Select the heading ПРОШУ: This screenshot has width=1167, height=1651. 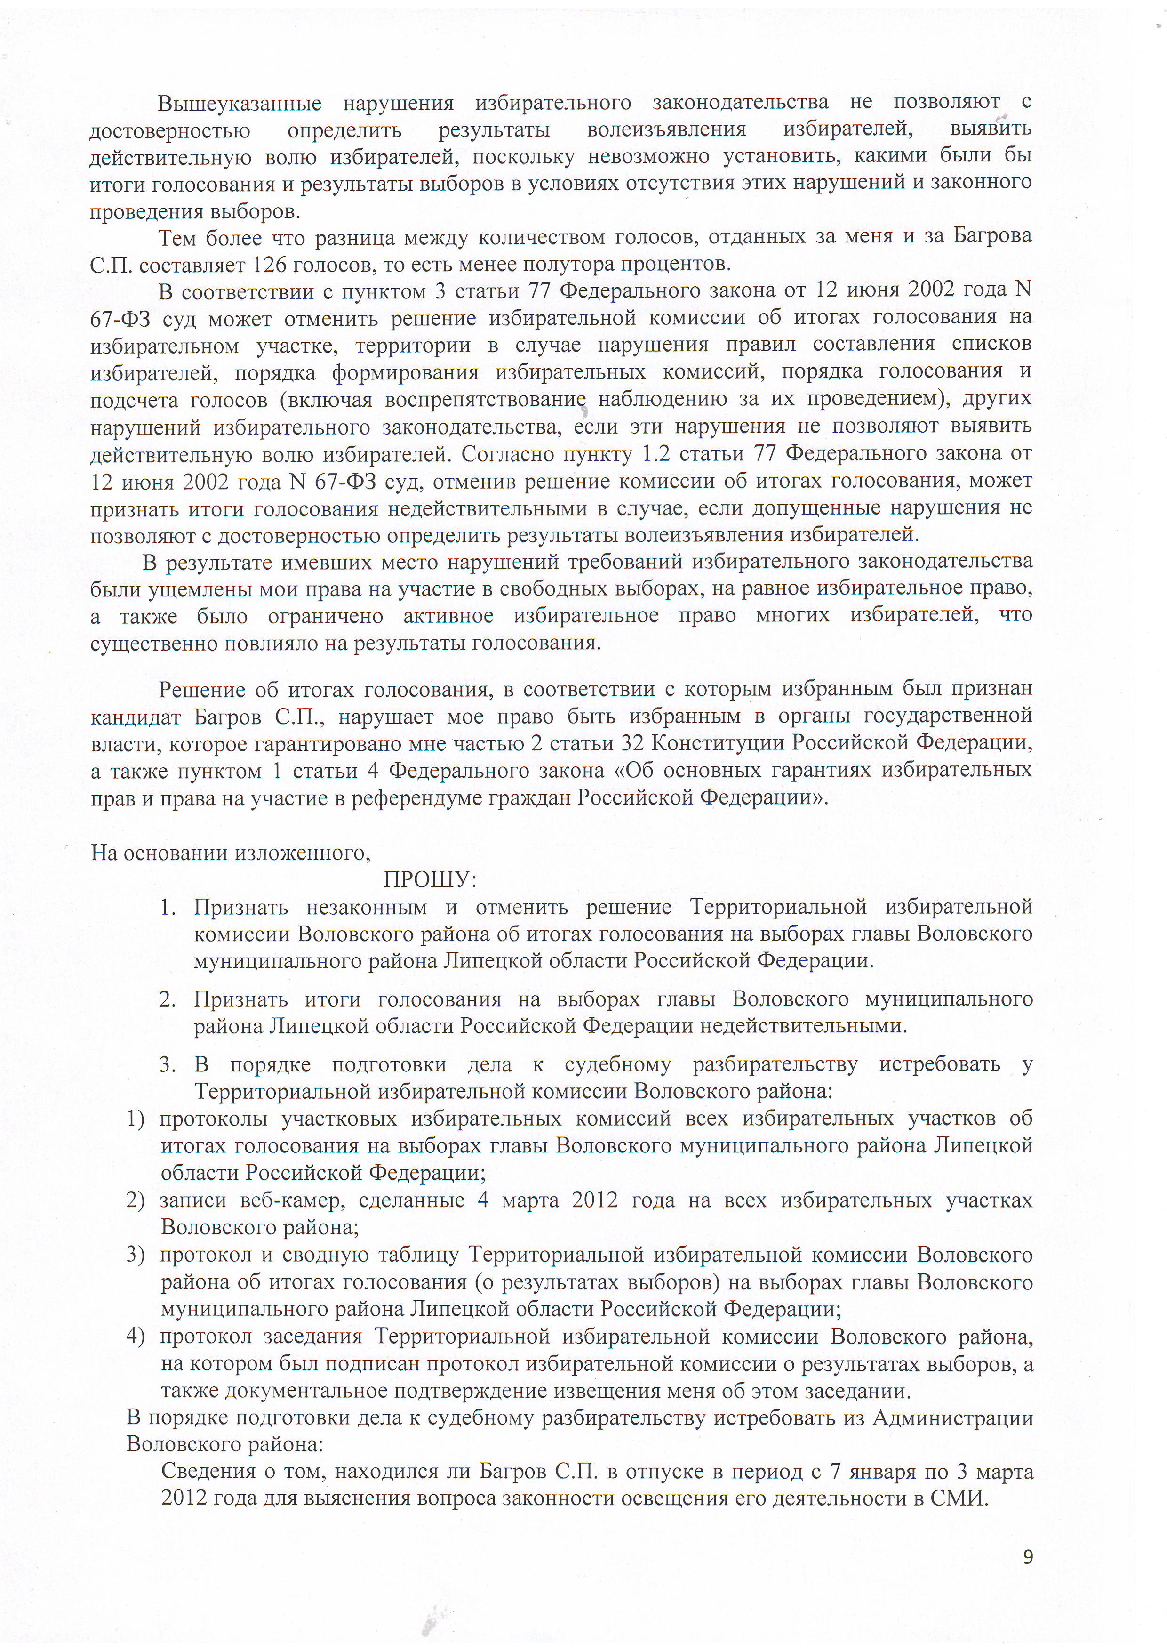(431, 880)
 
